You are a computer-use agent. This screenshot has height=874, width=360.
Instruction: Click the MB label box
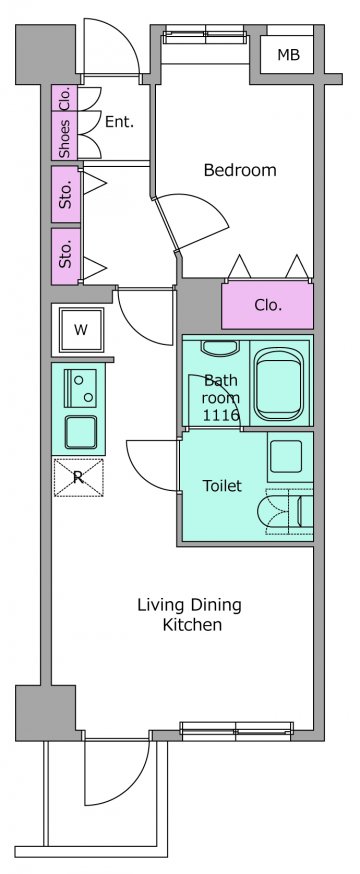point(288,55)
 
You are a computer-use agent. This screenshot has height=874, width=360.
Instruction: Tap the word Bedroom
point(240,169)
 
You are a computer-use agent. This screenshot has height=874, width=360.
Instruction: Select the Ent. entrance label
point(119,122)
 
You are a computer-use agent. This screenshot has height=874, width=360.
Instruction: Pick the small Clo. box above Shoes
point(65,98)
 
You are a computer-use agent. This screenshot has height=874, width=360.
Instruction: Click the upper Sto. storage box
point(66,194)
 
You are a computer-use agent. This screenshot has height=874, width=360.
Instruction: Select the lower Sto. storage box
point(66,256)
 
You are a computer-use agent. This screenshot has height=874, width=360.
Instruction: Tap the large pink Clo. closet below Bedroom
point(267,305)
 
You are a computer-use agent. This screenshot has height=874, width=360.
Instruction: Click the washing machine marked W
point(81,330)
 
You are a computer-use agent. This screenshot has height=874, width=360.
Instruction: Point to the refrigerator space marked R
point(79,477)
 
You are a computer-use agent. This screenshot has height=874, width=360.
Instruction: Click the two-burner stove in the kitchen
point(81,387)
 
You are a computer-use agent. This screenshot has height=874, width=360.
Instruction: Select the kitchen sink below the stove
point(81,432)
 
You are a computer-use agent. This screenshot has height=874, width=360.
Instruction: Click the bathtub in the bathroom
point(281,385)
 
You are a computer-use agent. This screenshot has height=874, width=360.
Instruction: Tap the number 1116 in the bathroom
point(221,415)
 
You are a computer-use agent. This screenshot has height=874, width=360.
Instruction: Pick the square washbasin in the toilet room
point(286,457)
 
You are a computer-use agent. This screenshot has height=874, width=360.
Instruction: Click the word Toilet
point(222,485)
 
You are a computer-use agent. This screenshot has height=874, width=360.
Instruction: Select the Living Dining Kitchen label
point(190,615)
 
